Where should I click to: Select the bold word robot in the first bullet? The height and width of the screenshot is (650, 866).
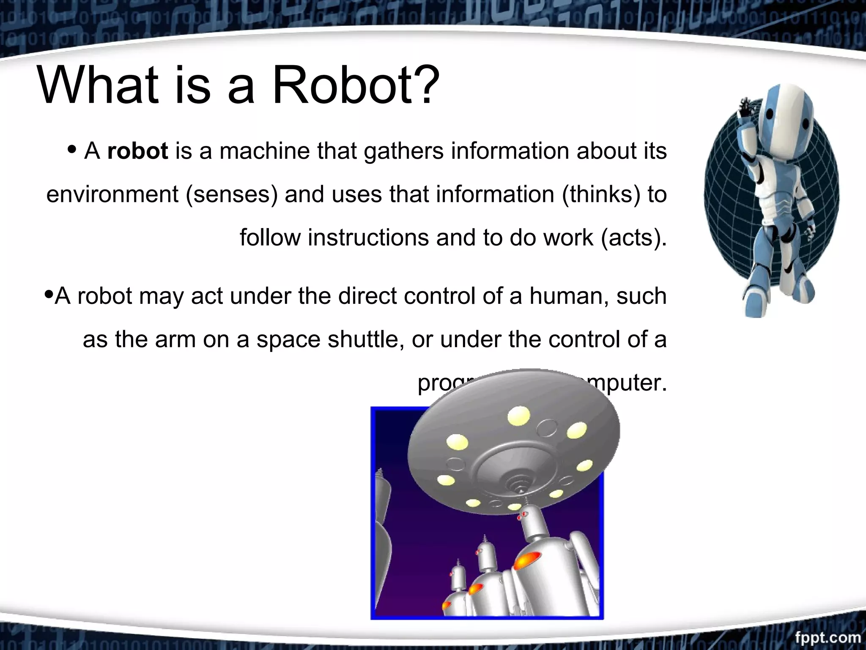(x=137, y=151)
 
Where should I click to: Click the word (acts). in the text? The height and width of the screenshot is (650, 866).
(x=634, y=237)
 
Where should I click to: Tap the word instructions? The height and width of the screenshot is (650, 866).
(x=368, y=237)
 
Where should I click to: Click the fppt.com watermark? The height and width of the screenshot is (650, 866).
(x=828, y=638)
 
